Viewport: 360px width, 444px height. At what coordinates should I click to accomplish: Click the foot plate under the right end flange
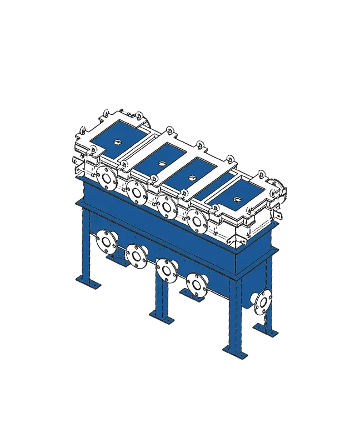268,331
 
